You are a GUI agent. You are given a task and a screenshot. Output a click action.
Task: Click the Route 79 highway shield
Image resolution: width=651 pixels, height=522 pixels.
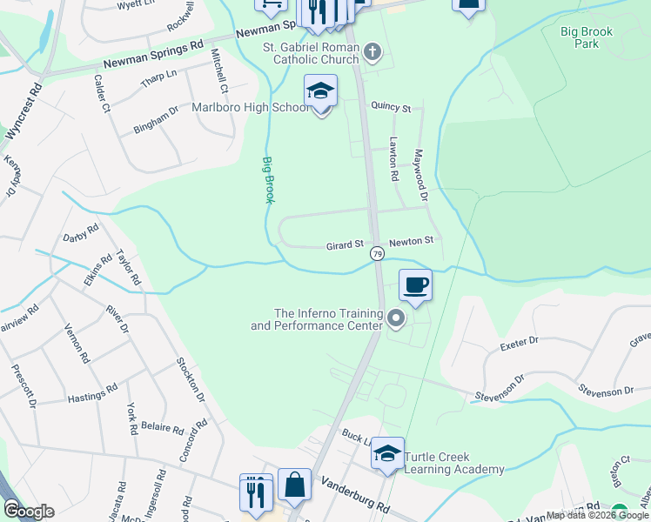coord(377,253)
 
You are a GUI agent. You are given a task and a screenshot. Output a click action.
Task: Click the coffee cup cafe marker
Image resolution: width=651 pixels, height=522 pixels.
coord(416,285)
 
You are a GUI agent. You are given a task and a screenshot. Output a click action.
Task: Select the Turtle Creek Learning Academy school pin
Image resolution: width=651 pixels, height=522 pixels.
coord(387,454)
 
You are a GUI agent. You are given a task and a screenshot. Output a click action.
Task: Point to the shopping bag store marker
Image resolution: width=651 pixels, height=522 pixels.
coord(294,485)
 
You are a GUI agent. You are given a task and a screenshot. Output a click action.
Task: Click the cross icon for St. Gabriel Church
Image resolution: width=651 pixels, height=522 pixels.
coord(372,52)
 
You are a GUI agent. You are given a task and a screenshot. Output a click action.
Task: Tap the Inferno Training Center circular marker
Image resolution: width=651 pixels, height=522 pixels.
coord(396,319)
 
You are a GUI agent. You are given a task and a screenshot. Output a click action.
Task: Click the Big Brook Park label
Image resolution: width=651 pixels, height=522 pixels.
coord(587,37)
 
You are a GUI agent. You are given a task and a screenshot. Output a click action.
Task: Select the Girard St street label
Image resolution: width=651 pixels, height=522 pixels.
coord(344,246)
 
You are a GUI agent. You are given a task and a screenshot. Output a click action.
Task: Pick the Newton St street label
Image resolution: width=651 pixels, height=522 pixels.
coord(411,242)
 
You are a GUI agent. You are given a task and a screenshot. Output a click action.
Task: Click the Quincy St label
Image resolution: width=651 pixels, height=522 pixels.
coord(391,107)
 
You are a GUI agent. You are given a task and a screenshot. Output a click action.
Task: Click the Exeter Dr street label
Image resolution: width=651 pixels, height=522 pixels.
coord(520,345)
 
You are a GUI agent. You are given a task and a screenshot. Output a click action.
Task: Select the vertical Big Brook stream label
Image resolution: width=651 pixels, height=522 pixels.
coord(268,179)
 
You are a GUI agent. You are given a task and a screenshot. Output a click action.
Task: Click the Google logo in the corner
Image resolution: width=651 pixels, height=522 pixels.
coord(29,512)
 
